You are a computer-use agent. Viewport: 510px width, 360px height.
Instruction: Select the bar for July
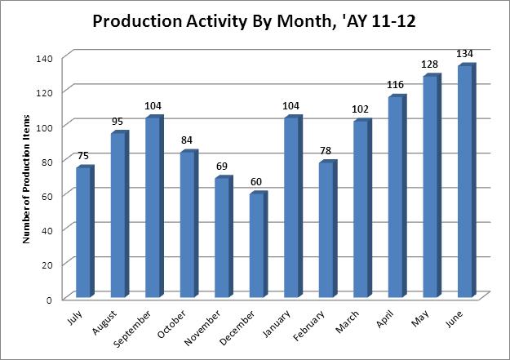pos(83,232)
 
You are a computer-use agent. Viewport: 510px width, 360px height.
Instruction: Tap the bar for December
pos(257,245)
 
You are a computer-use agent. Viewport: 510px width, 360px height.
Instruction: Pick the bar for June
pos(465,181)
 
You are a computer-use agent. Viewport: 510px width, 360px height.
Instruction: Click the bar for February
pos(326,229)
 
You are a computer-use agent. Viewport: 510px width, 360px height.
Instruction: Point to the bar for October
pos(188,224)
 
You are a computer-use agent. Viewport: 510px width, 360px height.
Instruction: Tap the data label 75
pos(83,157)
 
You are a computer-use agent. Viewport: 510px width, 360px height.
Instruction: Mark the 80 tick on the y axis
pos(46,162)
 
